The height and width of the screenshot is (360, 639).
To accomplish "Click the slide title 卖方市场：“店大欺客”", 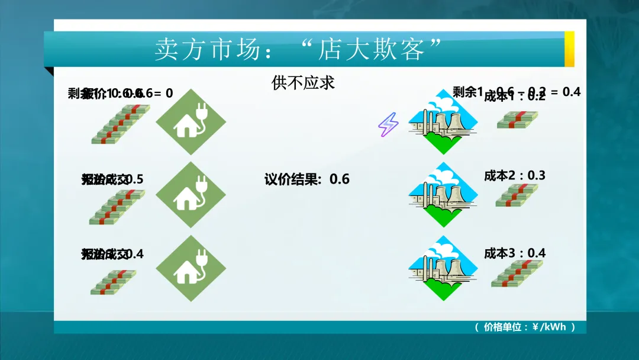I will pos(299,49).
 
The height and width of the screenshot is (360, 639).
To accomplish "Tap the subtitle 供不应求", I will pos(303,82).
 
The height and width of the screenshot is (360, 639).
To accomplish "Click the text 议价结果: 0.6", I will pos(306,179).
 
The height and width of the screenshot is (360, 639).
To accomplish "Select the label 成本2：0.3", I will pos(515,175).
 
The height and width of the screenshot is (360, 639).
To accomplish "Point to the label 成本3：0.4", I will pos(515,253).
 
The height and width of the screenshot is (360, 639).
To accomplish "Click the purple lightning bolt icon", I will pos(388,124).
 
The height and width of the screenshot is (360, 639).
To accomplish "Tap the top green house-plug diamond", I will pos(191,121).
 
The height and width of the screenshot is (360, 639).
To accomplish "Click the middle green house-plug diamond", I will pos(191,195).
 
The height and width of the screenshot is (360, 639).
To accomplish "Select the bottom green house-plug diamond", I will pos(191,268).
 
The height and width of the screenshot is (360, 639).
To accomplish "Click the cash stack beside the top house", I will pos(120,124).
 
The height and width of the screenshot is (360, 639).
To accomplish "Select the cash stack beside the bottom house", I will pos(113,282).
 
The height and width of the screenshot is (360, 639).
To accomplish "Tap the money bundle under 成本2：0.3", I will pos(517,195).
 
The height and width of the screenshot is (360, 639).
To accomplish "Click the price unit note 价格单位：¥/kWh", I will pos(525,327).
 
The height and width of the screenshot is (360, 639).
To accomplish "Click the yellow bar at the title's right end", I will pos(569,49).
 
